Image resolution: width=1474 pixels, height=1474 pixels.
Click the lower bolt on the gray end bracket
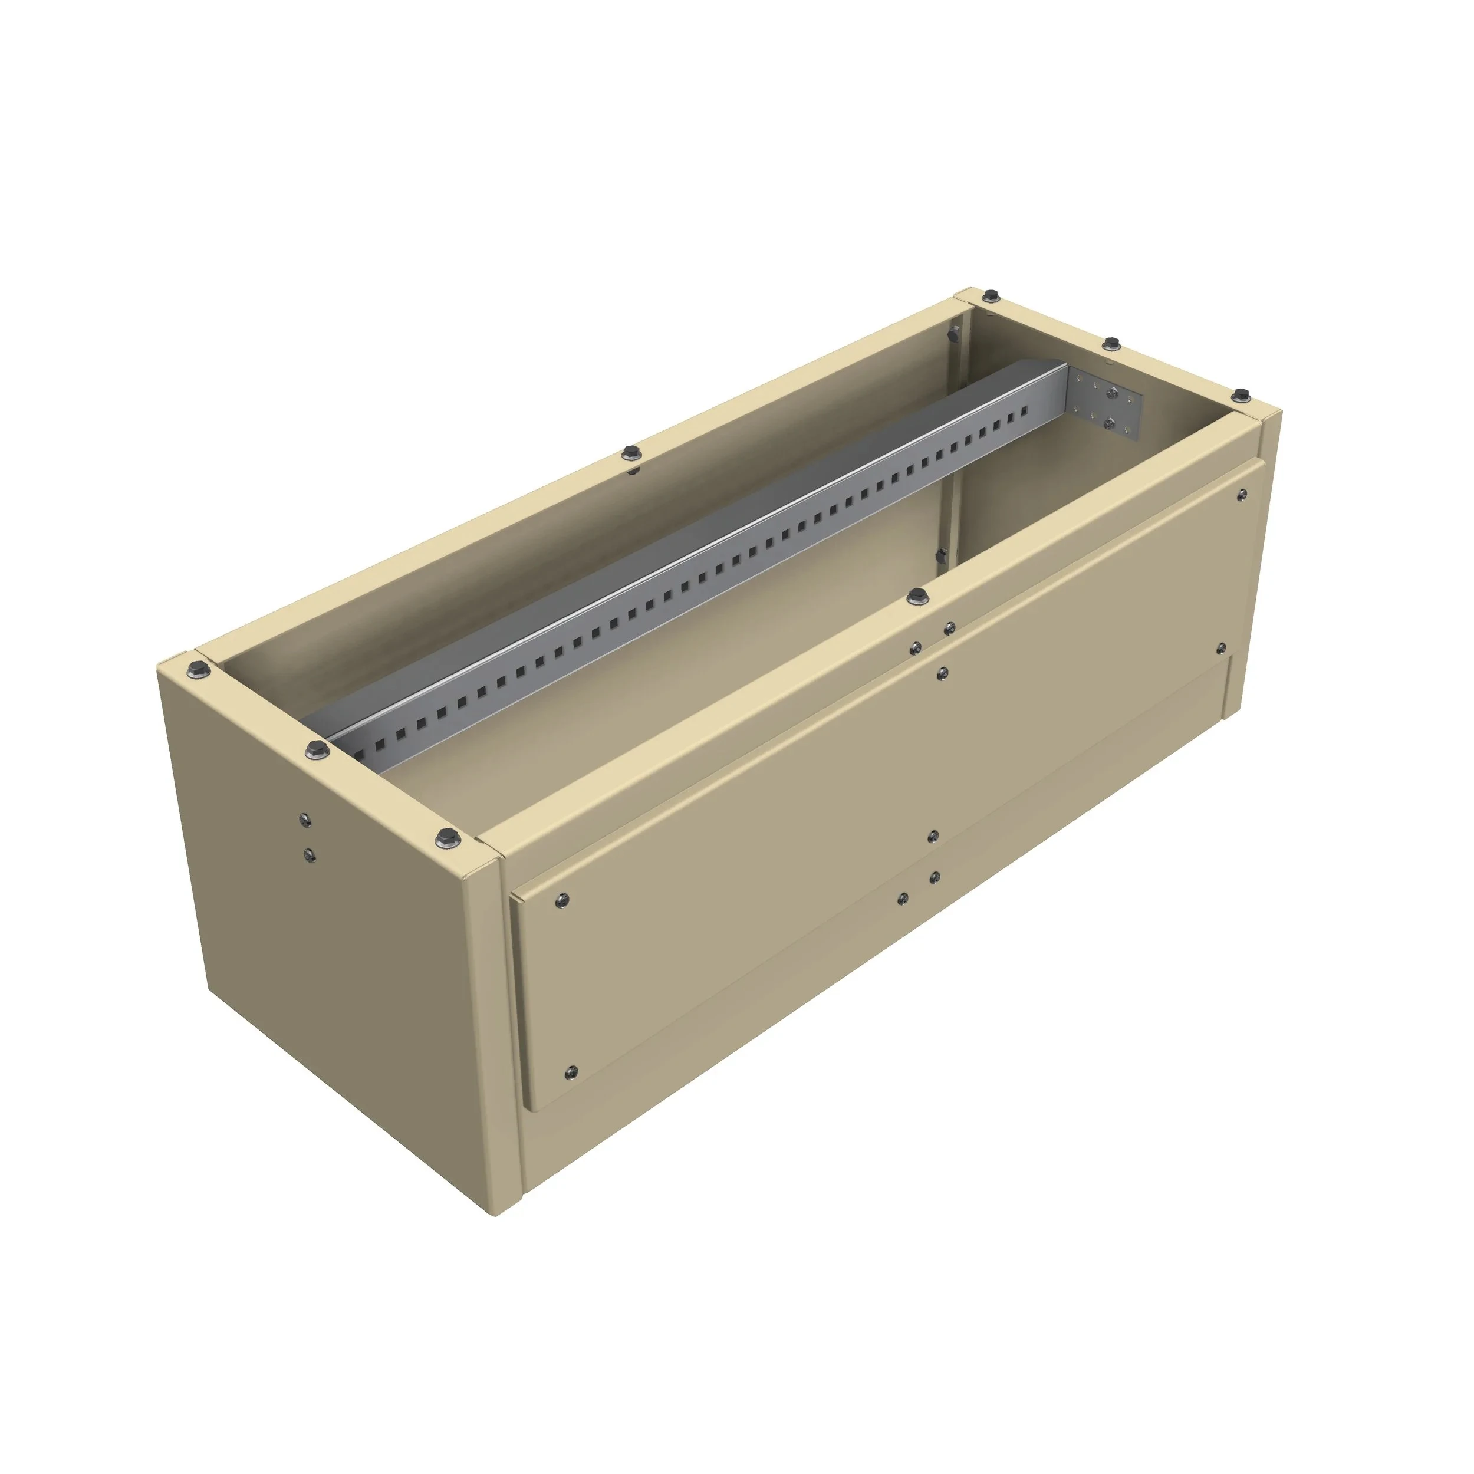pyautogui.click(x=1109, y=422)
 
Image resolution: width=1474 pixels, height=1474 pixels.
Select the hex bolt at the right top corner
pyautogui.click(x=1241, y=394)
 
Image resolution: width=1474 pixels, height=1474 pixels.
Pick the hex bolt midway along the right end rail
pyautogui.click(x=1111, y=343)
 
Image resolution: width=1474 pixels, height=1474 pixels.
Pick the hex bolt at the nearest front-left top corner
pyautogui.click(x=446, y=838)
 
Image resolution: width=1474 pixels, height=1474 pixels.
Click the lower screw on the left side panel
pyautogui.click(x=308, y=854)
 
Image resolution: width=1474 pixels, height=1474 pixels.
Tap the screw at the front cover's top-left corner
pyautogui.click(x=562, y=900)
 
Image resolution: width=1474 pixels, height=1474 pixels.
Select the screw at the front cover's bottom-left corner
pyautogui.click(x=571, y=1072)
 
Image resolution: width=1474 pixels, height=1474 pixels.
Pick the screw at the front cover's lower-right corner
pyautogui.click(x=1220, y=649)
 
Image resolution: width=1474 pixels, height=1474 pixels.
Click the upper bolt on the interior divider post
pyautogui.click(x=952, y=334)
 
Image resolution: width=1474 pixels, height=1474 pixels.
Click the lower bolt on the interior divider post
pyautogui.click(x=943, y=555)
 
